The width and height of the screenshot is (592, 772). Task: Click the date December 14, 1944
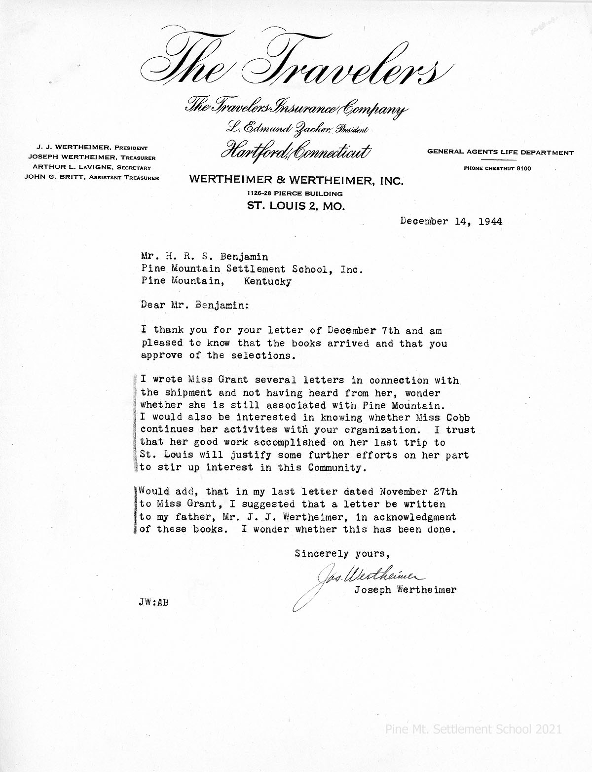[x=451, y=221]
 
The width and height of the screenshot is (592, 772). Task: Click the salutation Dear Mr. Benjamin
[x=195, y=306]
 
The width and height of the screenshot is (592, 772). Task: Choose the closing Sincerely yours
[x=342, y=554]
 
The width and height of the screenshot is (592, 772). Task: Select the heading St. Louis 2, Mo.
[x=296, y=206]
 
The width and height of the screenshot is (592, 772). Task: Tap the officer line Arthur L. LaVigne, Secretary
[x=92, y=168]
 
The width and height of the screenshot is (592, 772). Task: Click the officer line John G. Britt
[x=92, y=178]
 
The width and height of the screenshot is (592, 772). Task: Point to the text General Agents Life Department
[x=500, y=153]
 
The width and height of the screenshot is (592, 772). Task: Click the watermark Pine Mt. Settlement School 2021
[x=473, y=729]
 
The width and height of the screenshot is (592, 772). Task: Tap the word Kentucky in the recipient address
[x=267, y=282]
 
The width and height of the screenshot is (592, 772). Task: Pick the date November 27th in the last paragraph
[x=418, y=492]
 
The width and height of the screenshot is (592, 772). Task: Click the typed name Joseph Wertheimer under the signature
[x=405, y=590]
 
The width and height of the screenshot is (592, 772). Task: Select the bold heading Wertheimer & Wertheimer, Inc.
[x=296, y=181]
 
